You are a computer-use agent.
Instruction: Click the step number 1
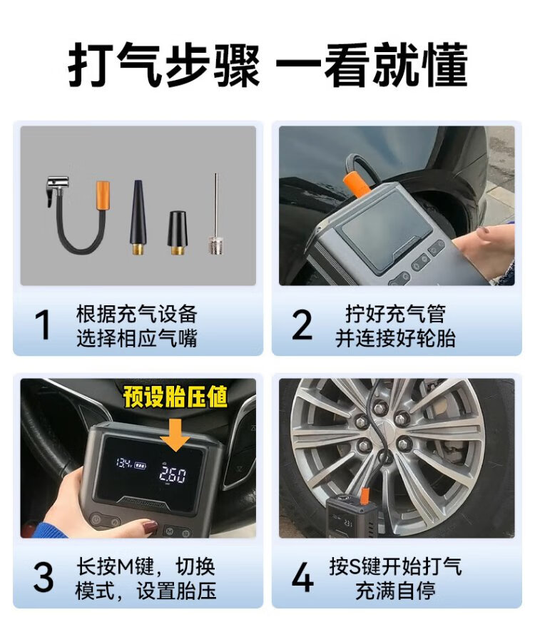click(x=43, y=325)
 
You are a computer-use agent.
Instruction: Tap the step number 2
click(x=302, y=325)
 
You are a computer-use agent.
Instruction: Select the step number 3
click(x=44, y=577)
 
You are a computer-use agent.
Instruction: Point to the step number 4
click(x=302, y=577)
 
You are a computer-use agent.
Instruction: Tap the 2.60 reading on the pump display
click(x=173, y=475)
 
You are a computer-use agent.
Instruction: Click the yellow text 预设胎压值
click(x=175, y=397)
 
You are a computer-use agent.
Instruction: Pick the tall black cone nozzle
click(x=138, y=217)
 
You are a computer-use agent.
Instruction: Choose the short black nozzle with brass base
click(x=176, y=233)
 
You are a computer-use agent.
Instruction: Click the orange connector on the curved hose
click(x=103, y=195)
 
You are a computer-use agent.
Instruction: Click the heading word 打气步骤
click(x=163, y=66)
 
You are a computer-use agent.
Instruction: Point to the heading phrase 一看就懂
click(x=372, y=66)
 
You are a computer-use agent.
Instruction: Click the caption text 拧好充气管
click(x=396, y=313)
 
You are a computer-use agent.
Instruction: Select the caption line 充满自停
click(x=396, y=591)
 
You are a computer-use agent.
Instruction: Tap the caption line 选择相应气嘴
click(x=136, y=338)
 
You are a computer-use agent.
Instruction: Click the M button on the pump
click(x=169, y=531)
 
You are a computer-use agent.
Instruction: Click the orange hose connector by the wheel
click(x=365, y=497)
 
